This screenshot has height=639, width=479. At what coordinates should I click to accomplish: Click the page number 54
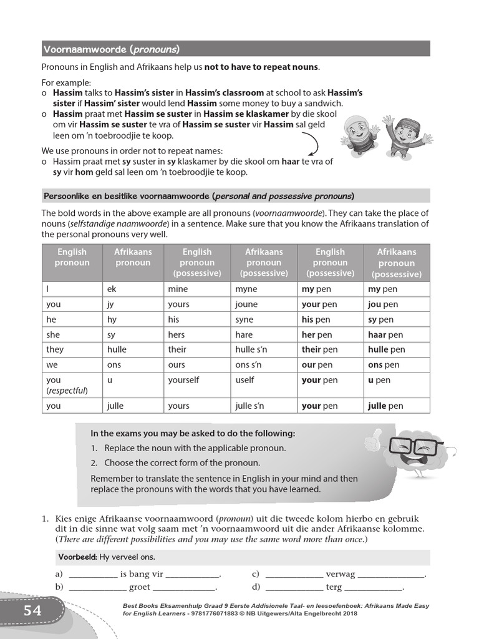pyautogui.click(x=32, y=610)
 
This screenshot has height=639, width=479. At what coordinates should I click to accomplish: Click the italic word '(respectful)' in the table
pyautogui.click(x=67, y=391)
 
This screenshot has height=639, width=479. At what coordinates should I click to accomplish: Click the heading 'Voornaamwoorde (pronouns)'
pyautogui.click(x=111, y=49)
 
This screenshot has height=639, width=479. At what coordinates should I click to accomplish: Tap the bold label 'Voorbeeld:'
pyautogui.click(x=76, y=557)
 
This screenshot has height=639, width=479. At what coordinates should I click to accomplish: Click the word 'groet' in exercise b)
pyautogui.click(x=140, y=587)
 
